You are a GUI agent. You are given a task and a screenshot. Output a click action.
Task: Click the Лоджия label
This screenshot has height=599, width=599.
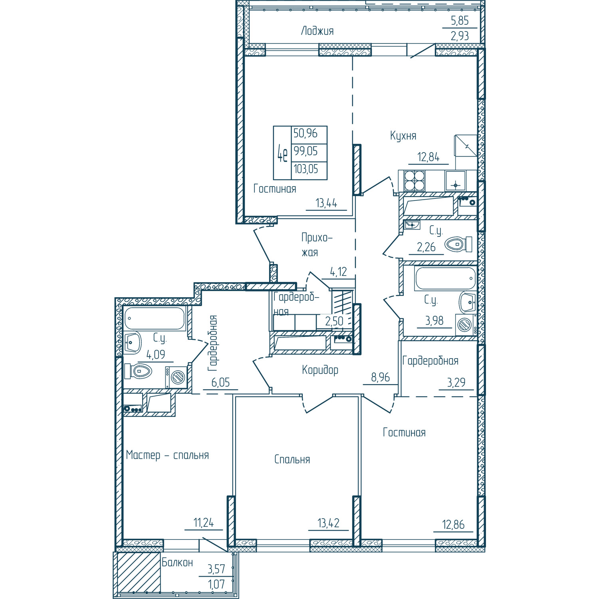[317, 31]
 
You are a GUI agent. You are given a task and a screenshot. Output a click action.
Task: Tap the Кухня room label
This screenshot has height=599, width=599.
[403, 136]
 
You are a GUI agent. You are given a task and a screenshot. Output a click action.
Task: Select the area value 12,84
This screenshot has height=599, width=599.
[428, 157]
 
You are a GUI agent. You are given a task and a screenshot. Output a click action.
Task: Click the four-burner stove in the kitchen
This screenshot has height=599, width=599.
[414, 180]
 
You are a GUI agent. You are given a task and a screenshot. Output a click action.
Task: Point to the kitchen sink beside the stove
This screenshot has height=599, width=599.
[456, 181]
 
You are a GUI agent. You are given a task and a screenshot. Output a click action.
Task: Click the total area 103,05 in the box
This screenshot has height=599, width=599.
[306, 169]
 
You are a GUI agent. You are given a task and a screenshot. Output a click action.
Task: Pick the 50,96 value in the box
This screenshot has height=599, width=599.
[305, 133]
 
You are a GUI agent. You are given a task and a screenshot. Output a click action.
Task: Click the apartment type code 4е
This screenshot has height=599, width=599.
[282, 153]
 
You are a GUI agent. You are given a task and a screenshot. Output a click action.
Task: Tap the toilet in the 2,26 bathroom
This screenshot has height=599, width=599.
[458, 244]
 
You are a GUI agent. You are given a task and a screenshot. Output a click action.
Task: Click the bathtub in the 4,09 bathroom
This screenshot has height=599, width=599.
[155, 318]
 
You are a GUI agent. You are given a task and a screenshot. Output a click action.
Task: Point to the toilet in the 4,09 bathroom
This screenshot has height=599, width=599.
[138, 371]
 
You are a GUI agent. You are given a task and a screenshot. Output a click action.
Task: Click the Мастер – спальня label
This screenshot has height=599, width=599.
[167, 455]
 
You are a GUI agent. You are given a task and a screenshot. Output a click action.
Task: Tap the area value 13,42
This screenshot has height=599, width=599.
[328, 523]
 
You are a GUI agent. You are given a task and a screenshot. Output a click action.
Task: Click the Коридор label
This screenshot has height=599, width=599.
[320, 370]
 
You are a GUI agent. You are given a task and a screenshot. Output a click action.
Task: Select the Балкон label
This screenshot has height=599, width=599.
[177, 562]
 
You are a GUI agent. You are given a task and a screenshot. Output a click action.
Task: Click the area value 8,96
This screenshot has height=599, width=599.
[380, 377]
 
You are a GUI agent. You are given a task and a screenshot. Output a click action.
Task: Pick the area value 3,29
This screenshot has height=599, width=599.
[456, 382]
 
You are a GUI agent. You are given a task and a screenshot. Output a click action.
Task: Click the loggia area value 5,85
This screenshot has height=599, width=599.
[460, 20]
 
